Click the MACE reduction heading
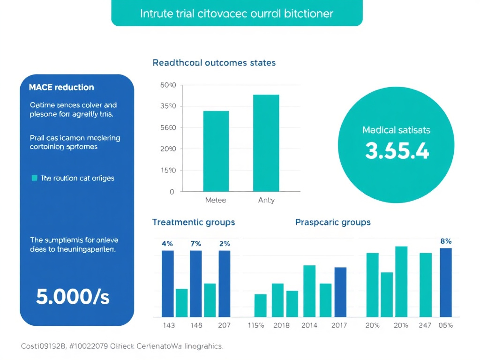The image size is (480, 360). tap(61, 87)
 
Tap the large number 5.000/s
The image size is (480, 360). tap(73, 297)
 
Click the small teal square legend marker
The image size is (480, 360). tap(34, 178)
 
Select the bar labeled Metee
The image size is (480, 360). tap(216, 151)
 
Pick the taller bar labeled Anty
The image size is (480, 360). tap(266, 143)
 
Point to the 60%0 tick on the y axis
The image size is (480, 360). tap(168, 85)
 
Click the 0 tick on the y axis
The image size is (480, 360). tap(172, 192)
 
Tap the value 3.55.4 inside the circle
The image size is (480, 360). tap(397, 151)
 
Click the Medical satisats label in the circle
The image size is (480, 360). tap(396, 130)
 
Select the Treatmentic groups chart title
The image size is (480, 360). tap(194, 222)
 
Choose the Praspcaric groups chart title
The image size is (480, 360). tap(333, 222)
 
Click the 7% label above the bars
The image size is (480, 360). tap(196, 244)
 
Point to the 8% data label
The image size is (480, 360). tap(446, 241)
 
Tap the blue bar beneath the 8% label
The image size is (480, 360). tap(446, 282)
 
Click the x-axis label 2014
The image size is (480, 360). tap(309, 325)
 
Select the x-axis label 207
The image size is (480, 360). tap(224, 325)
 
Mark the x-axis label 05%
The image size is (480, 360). tap(445, 325)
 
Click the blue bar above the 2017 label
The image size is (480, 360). tap(340, 292)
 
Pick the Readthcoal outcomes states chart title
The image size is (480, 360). tap(214, 62)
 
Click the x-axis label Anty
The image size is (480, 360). tap(266, 200)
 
